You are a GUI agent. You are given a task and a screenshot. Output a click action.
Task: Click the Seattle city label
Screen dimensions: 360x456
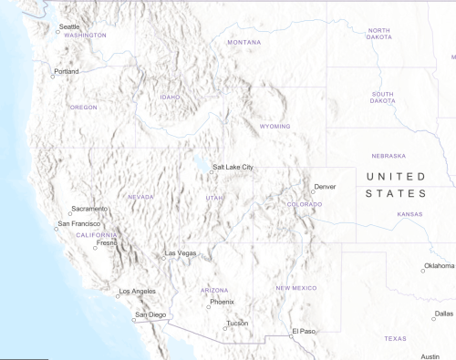(x=69, y=26)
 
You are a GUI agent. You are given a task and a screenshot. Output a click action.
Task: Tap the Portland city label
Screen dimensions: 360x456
(x=66, y=71)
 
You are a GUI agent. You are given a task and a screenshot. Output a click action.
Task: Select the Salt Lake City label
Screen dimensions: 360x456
(x=233, y=168)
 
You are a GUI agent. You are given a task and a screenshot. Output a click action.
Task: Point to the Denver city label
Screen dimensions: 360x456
(x=325, y=187)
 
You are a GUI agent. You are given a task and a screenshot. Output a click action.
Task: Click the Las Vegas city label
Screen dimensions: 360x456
(x=180, y=252)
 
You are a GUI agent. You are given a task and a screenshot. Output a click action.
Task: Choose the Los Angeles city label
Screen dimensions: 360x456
(x=138, y=292)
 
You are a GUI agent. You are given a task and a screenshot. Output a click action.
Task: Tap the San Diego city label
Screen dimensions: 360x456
(x=151, y=315)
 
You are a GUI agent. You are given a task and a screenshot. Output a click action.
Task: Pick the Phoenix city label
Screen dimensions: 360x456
(x=222, y=302)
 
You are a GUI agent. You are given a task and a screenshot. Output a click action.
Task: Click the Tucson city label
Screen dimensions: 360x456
(x=237, y=324)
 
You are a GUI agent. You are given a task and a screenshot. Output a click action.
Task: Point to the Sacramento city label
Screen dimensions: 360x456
(x=89, y=209)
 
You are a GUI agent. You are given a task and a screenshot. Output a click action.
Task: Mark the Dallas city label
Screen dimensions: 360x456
(x=444, y=314)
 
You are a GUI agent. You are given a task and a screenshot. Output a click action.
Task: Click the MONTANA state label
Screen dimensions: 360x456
(x=244, y=43)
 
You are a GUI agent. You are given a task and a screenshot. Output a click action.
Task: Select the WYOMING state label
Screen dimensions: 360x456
(x=275, y=127)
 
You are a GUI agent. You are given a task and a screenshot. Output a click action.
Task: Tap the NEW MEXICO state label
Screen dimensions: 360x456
(x=296, y=288)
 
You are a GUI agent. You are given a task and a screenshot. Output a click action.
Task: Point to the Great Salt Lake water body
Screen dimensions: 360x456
(x=199, y=167)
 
